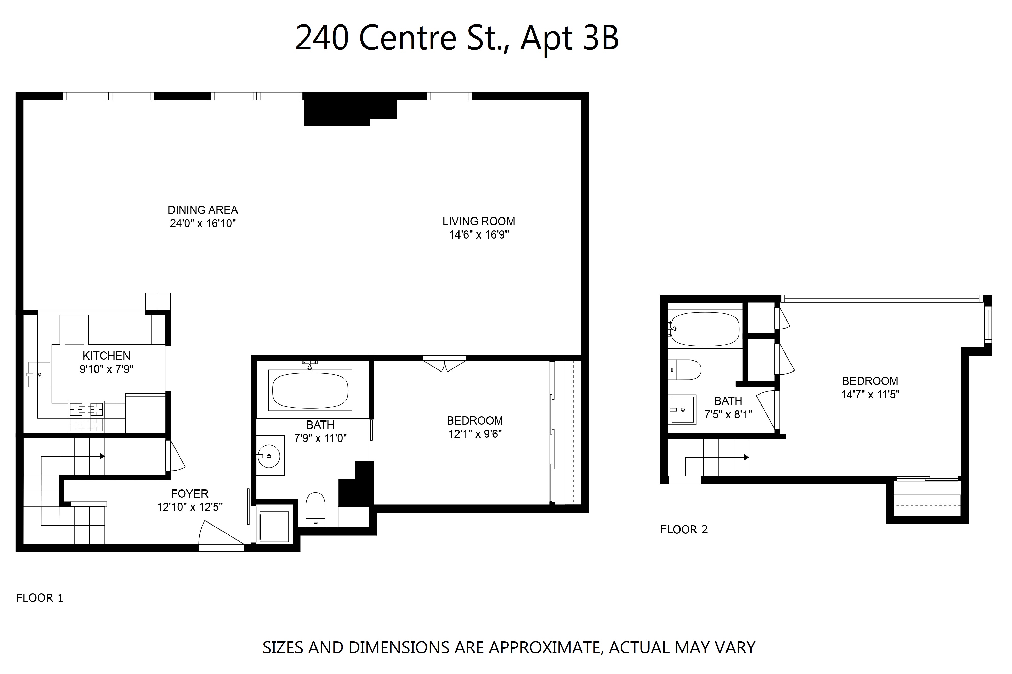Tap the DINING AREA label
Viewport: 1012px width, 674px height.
(x=203, y=210)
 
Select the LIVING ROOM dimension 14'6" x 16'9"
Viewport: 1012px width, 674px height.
(x=479, y=235)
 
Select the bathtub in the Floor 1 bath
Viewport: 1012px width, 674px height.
(x=310, y=390)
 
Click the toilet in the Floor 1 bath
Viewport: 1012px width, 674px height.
(x=315, y=509)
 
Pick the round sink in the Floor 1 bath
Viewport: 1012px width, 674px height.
(x=269, y=456)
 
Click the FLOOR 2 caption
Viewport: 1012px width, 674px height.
(x=684, y=530)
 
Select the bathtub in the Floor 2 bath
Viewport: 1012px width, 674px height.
(x=705, y=329)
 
